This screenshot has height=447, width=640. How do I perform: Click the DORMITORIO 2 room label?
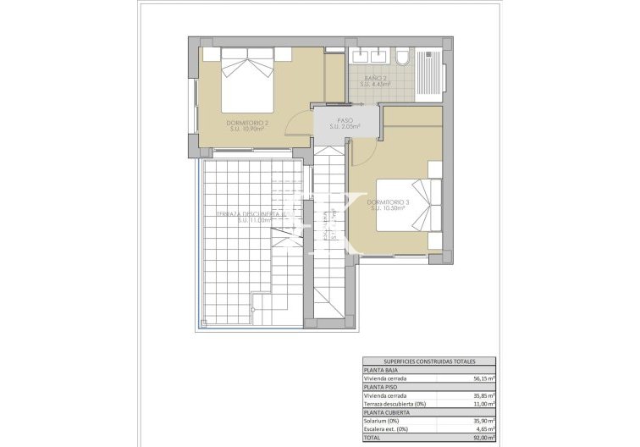point(247,126)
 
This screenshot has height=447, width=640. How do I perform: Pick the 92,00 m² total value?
point(483,439)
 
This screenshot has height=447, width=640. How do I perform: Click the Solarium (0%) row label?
point(381,421)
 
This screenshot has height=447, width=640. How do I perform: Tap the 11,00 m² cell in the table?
point(483,404)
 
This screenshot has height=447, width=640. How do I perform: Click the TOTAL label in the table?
point(372,439)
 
